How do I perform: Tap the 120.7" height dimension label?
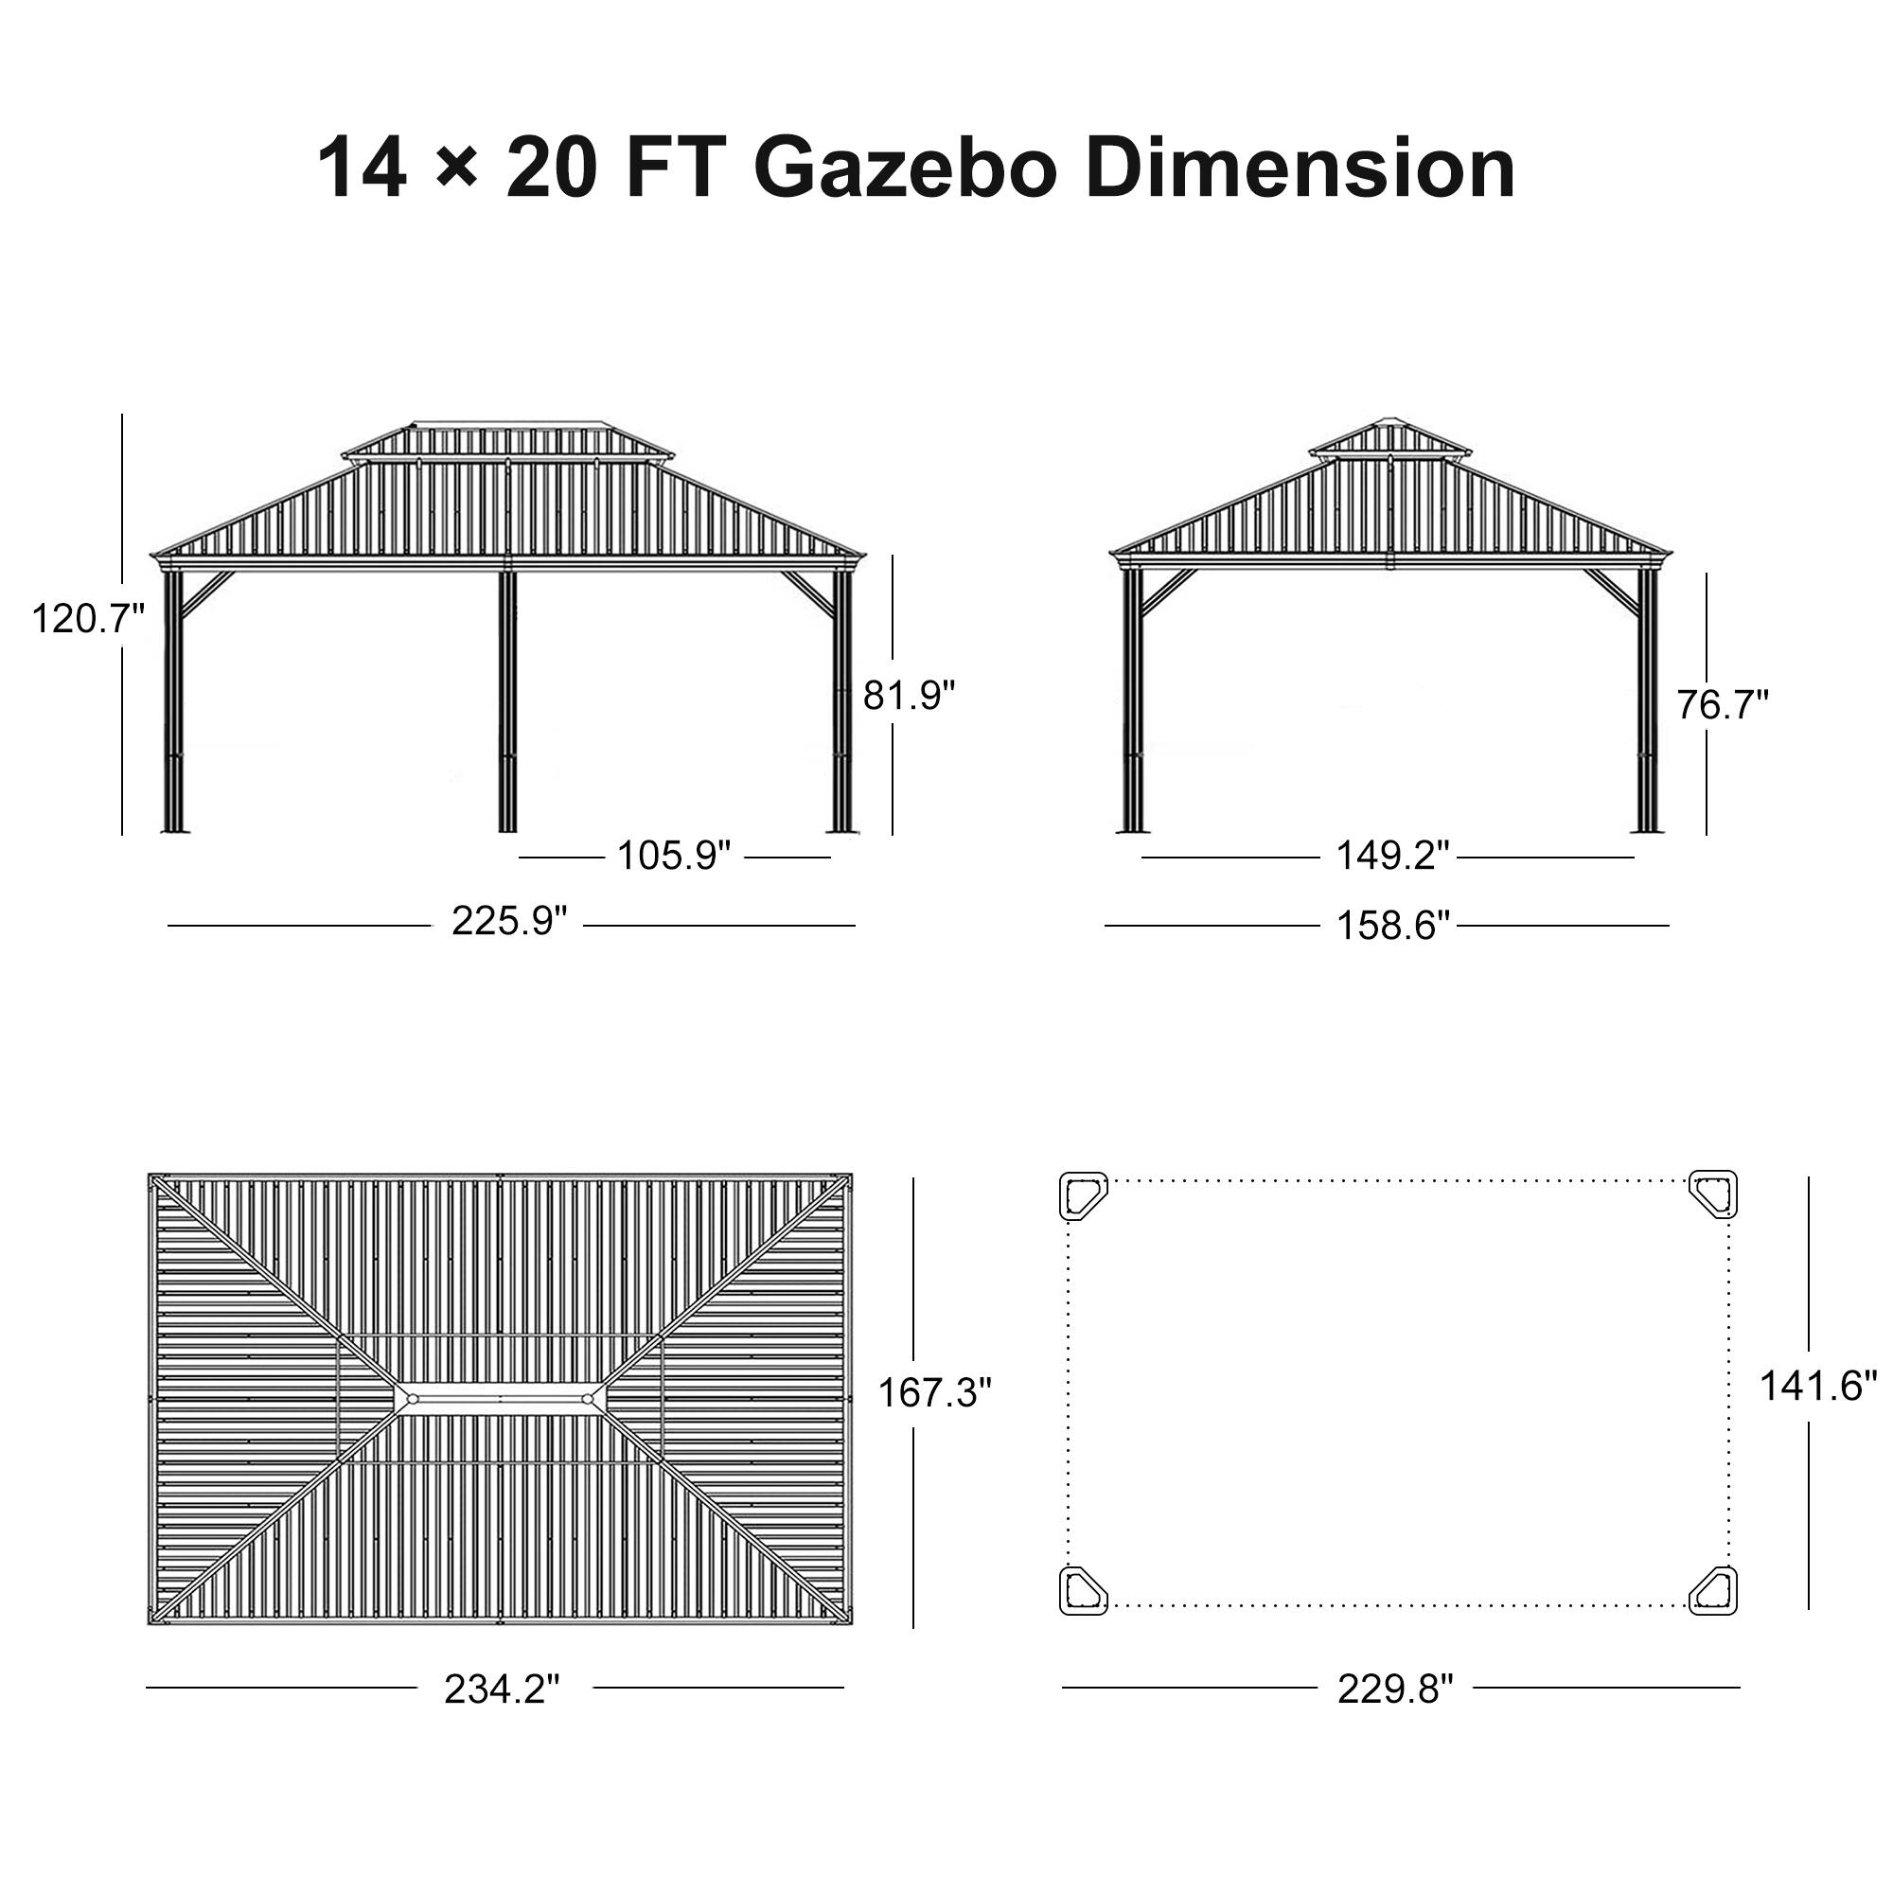tap(88, 619)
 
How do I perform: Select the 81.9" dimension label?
tap(909, 696)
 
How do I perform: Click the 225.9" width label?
tap(509, 921)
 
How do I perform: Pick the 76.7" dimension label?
tap(1723, 705)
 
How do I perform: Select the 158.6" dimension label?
tap(1392, 925)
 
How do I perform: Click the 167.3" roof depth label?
tap(934, 1392)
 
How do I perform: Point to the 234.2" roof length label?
tap(502, 1690)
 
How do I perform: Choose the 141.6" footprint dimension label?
tap(1818, 1386)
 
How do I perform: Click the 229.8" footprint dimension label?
tap(1395, 1690)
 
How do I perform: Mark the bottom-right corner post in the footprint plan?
tap(1714, 1589)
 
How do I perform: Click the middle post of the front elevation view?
tap(506, 700)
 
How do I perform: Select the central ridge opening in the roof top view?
tap(500, 1398)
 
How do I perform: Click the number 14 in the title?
tap(362, 168)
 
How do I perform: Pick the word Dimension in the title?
tap(1300, 168)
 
